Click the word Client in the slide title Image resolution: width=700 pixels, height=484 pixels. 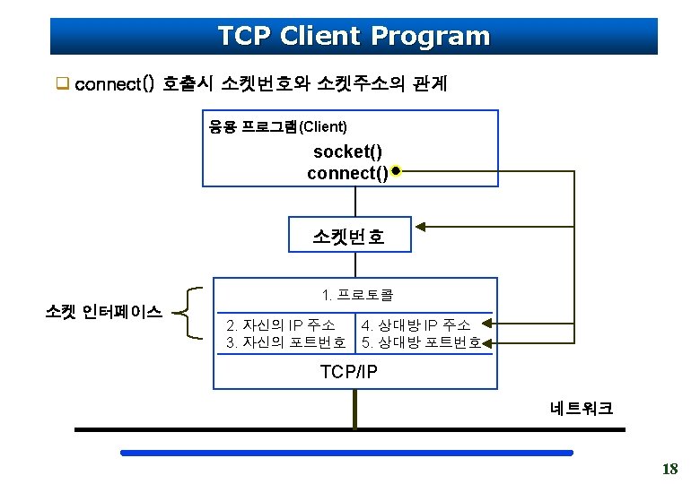pos(320,37)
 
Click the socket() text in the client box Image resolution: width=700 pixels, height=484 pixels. pos(347,153)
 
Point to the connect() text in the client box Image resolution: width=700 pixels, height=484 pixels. pos(347,172)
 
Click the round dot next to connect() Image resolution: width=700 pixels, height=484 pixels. pos(396,170)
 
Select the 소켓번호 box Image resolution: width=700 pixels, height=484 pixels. pos(349,237)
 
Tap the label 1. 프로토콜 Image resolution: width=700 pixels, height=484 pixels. pos(357,294)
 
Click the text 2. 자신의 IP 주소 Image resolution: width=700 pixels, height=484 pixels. pos(281,324)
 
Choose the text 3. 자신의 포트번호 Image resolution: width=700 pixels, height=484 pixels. pos(286,342)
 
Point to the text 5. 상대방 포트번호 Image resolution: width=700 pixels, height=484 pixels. pos(421,342)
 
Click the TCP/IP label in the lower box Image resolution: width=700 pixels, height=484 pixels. pos(349,371)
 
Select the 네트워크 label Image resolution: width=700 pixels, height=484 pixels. pos(582,409)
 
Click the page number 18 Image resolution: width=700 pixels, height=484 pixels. pos(669,468)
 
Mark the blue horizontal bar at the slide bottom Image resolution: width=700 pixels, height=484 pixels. pos(346,454)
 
